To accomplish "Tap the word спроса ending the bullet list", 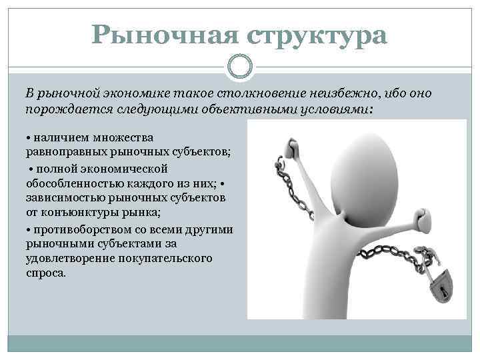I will click(46, 273).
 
